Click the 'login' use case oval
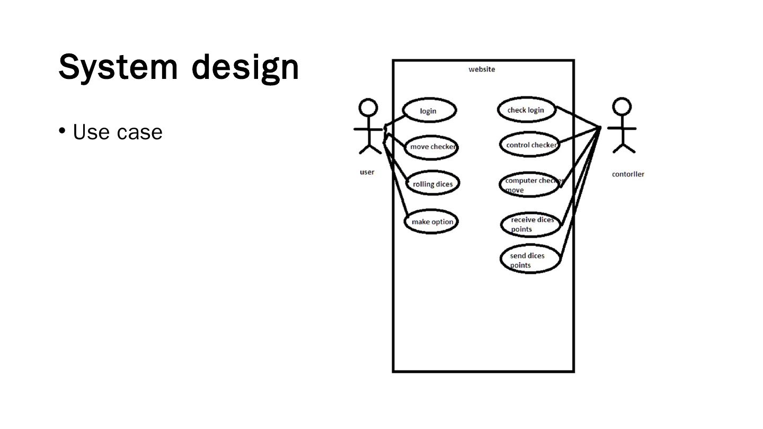coord(429,111)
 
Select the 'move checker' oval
coord(431,147)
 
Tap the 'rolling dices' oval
coord(432,184)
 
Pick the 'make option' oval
coord(431,221)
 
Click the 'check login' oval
coord(527,110)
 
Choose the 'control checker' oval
coord(530,145)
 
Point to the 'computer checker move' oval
coord(530,185)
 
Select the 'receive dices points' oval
coord(531,224)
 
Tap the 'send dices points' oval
coord(530,260)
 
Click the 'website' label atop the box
coord(482,69)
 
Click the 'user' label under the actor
coord(367,172)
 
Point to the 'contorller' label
coord(628,174)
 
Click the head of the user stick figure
coord(368,108)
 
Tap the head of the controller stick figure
coord(622,106)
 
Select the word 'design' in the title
coord(245,67)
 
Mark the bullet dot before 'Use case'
coord(62,130)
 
